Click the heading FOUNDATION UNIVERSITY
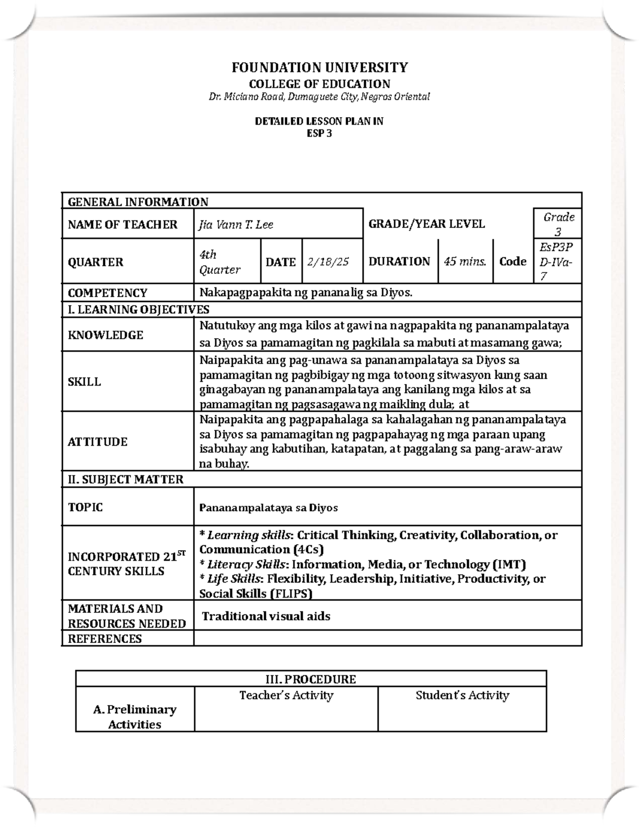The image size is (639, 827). tap(319, 68)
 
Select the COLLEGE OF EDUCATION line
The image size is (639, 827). tap(319, 84)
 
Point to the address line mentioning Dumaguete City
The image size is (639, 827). tap(319, 97)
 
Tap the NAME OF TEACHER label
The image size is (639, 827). tap(122, 225)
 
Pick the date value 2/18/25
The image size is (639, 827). tap(328, 262)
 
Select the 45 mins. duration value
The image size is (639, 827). tap(465, 261)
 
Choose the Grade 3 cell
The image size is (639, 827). tap(558, 224)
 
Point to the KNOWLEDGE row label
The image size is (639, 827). tap(105, 335)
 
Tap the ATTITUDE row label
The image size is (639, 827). tap(97, 442)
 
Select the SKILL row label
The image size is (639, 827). tap(84, 382)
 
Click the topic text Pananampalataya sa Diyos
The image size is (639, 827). tap(268, 508)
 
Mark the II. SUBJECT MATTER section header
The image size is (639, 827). tap(126, 479)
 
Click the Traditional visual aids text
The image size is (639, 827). tap(266, 617)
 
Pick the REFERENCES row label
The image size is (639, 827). tap(105, 638)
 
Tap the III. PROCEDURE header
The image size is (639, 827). tap(311, 679)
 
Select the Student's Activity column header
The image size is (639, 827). tap(462, 695)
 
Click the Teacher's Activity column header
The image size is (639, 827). tap(286, 695)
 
